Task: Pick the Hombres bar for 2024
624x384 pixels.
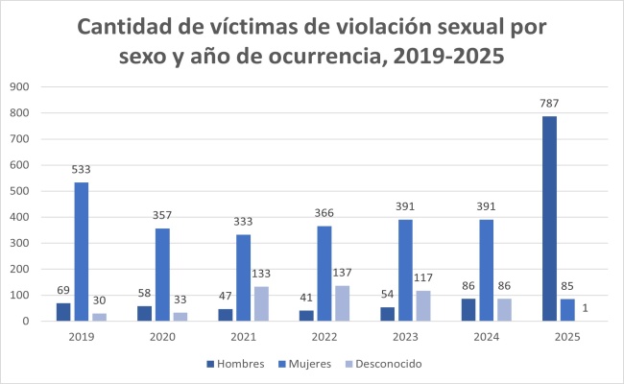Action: (x=468, y=310)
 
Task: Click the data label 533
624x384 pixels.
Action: (x=83, y=170)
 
